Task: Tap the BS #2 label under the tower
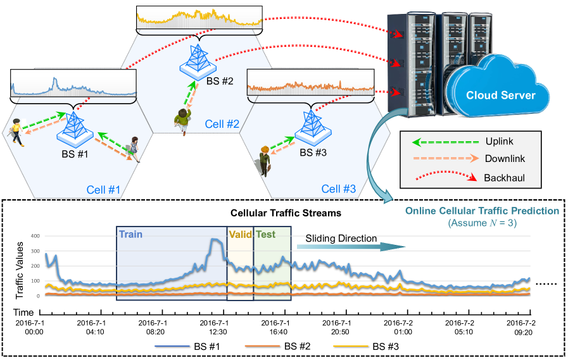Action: pyautogui.click(x=220, y=82)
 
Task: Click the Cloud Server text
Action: pyautogui.click(x=501, y=96)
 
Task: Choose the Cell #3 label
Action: pyautogui.click(x=339, y=189)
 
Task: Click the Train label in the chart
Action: pyautogui.click(x=131, y=234)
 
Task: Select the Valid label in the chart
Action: pyautogui.click(x=239, y=234)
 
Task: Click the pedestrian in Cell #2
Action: pyautogui.click(x=183, y=120)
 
